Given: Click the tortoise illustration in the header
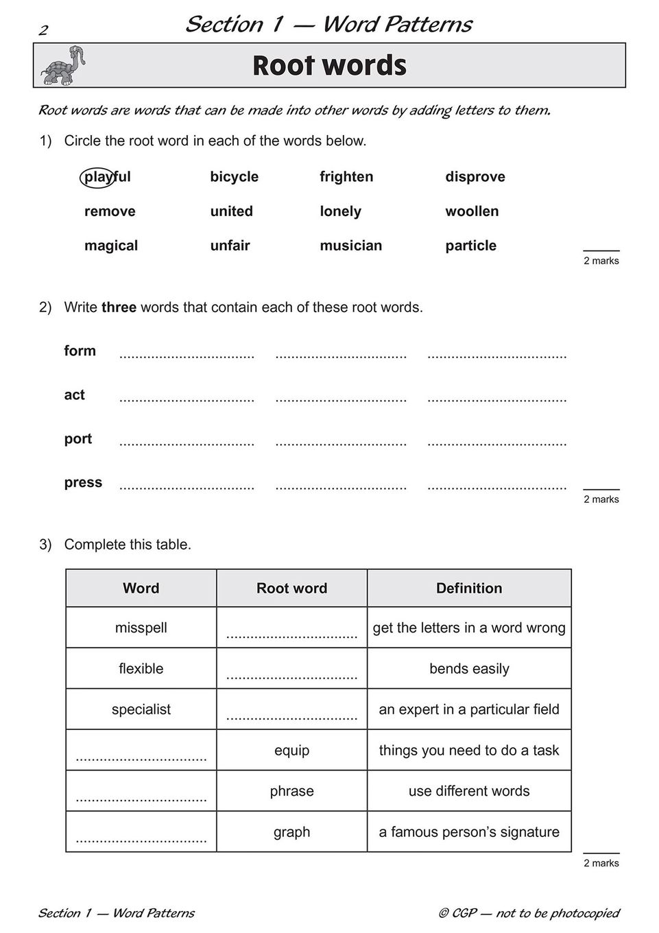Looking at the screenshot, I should coord(63,66).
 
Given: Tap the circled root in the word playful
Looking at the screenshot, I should coord(97,177).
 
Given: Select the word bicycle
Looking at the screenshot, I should coord(234,177).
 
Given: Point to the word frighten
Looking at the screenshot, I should coord(346,177).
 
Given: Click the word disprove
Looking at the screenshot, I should coord(475,177).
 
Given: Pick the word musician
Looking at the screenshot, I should coord(350,246).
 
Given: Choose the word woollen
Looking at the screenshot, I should coord(472,211).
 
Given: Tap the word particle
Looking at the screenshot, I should coord(470,246).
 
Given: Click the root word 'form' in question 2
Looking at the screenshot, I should coord(80,351).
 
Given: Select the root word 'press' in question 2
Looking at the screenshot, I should coord(83,483).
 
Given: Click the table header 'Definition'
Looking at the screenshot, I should coord(469,589).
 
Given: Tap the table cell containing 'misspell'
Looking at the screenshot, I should coord(141,628).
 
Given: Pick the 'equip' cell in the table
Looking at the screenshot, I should coord(291,751).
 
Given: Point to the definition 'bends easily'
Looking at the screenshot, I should coord(469,669).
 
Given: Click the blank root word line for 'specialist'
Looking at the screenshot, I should coord(291,718).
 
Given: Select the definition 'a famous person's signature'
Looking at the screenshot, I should coord(469,832).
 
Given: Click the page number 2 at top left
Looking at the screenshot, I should coord(43,30).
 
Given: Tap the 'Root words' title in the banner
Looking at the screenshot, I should coord(329,66).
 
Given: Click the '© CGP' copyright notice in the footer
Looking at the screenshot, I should coord(528,913).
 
